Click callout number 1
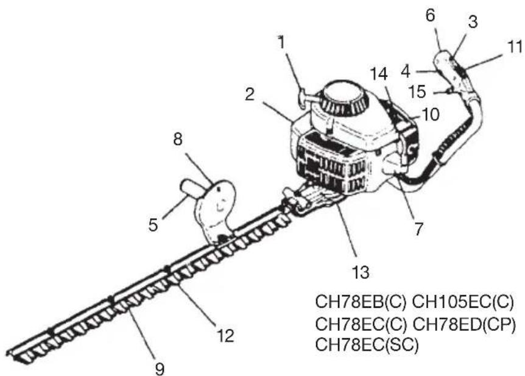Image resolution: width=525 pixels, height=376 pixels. [x=281, y=43]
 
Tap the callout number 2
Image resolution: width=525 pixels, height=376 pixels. [x=250, y=95]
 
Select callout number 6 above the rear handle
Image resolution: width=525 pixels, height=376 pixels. [x=430, y=16]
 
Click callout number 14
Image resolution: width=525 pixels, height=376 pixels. [x=379, y=74]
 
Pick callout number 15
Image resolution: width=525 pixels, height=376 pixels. [x=418, y=92]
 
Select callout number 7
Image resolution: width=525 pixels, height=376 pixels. [x=419, y=230]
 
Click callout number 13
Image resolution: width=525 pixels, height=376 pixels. [x=361, y=272]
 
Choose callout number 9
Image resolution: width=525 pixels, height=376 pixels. [x=160, y=369]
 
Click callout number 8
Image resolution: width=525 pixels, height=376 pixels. [x=178, y=139]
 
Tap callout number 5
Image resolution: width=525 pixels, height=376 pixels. [x=153, y=224]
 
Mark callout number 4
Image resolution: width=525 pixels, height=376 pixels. [x=406, y=72]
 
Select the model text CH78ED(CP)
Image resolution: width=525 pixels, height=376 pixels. [x=463, y=324]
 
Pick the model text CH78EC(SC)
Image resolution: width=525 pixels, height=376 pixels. [x=367, y=345]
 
